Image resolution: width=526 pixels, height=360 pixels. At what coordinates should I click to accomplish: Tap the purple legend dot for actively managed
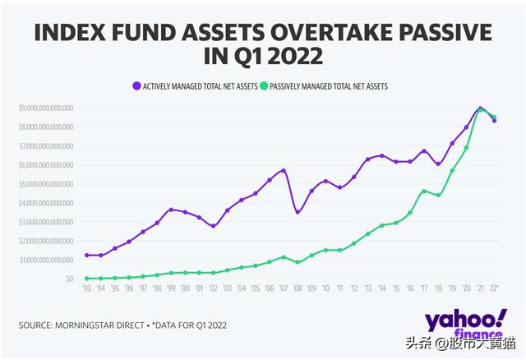136,85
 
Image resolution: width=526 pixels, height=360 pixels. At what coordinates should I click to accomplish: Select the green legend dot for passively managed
264,85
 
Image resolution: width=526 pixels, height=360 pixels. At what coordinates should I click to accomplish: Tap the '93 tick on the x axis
86,289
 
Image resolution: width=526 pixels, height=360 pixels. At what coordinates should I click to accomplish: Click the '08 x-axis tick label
297,289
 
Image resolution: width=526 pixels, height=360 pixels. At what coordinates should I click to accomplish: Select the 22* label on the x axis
492,289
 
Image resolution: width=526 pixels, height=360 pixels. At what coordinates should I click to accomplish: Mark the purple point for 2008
297,212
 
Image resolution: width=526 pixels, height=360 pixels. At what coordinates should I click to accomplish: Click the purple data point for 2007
283,171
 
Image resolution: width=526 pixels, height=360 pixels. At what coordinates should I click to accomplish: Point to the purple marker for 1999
170,210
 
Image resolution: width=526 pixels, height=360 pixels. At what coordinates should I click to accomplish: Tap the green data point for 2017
423,191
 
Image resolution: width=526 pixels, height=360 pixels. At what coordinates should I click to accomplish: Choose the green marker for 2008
297,262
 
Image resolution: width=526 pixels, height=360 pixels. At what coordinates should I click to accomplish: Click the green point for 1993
86,278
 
